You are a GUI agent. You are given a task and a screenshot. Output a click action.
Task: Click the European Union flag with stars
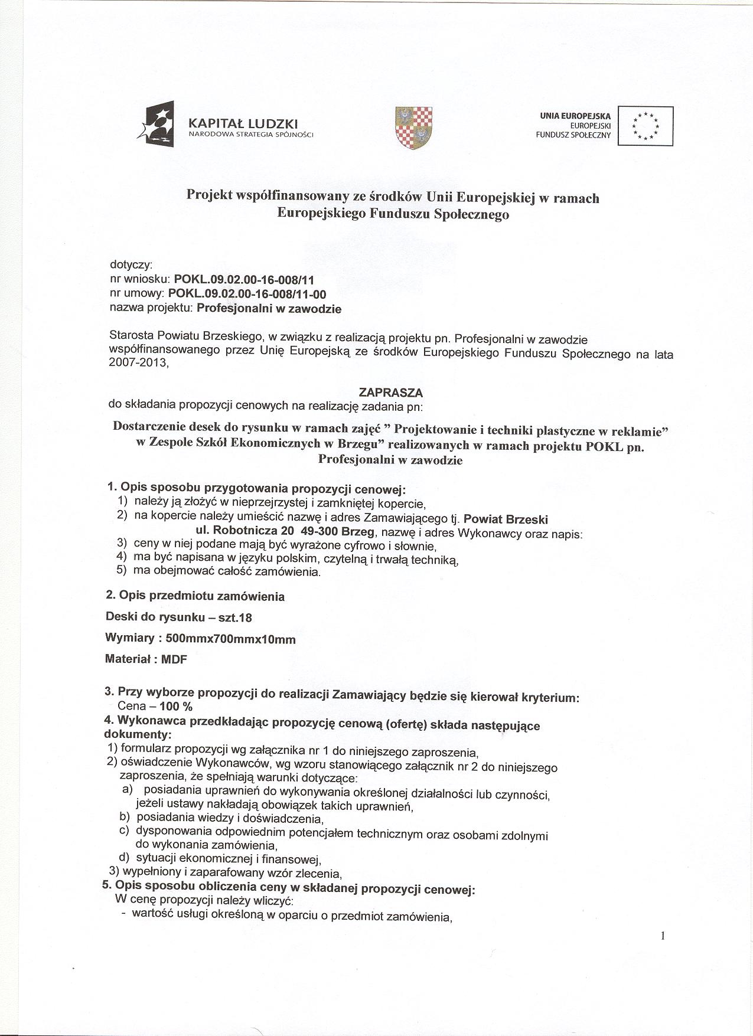click(x=645, y=126)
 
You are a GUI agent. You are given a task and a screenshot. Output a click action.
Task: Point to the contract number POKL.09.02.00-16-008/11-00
click(x=247, y=293)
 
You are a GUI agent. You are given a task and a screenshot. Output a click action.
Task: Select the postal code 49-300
click(x=315, y=531)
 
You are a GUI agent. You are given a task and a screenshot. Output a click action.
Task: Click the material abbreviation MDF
click(x=174, y=660)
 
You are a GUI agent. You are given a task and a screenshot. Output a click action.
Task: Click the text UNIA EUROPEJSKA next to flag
click(x=575, y=116)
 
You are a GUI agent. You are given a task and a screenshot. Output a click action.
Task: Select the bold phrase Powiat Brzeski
click(x=506, y=519)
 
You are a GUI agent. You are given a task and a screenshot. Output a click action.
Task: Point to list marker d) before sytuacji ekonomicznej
click(x=124, y=858)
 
